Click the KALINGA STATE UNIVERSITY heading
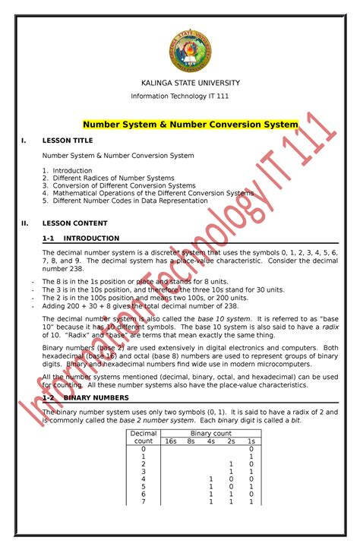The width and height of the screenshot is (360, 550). click(x=191, y=83)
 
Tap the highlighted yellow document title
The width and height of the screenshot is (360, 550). click(x=190, y=125)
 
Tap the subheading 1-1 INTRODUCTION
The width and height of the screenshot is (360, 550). click(x=81, y=238)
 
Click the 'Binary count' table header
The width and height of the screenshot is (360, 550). click(x=210, y=433)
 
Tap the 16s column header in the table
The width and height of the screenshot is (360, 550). click(x=171, y=441)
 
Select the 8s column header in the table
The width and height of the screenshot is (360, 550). click(x=191, y=441)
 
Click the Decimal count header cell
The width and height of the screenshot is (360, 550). click(x=144, y=437)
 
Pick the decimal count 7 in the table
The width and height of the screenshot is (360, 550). click(x=144, y=501)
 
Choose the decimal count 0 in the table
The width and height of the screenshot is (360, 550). click(x=144, y=449)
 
